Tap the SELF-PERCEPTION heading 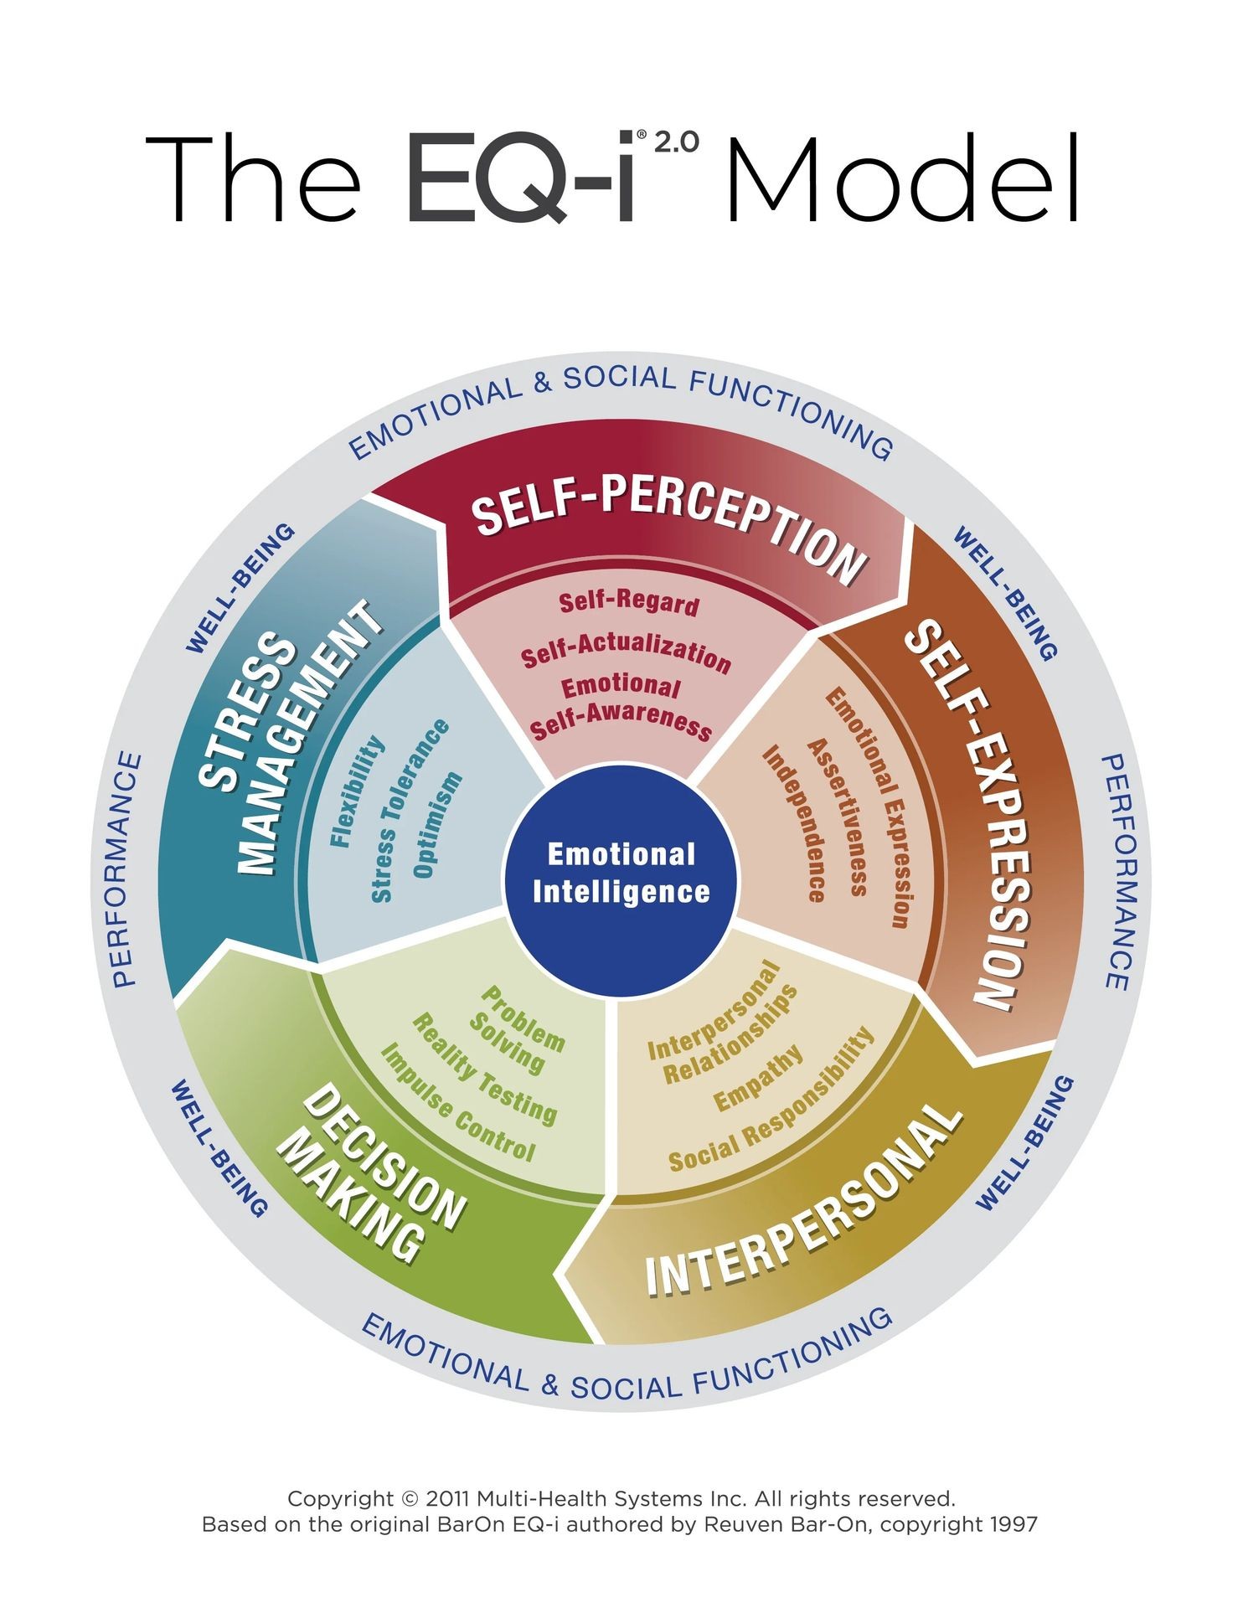pyautogui.click(x=668, y=528)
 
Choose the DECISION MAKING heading pyautogui.click(x=369, y=1172)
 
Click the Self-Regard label pyautogui.click(x=628, y=602)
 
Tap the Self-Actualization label pyautogui.click(x=626, y=653)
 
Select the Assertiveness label pyautogui.click(x=837, y=817)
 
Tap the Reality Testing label pyautogui.click(x=484, y=1068)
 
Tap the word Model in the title pyautogui.click(x=903, y=179)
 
